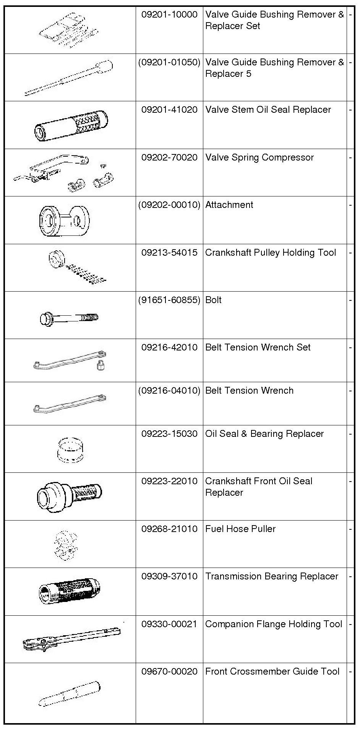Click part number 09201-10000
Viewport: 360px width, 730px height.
click(169, 15)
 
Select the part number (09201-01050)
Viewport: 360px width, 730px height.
click(169, 62)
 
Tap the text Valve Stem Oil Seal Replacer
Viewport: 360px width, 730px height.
click(268, 110)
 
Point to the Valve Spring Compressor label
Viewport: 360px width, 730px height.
click(259, 157)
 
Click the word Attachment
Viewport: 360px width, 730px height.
click(229, 205)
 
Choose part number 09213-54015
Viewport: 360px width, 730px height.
click(169, 253)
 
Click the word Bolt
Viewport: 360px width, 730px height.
click(213, 300)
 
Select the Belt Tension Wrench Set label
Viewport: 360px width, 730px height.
click(258, 347)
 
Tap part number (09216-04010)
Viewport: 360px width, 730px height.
click(169, 391)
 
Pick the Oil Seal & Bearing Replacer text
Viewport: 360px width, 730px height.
click(264, 434)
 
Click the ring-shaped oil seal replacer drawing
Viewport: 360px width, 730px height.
click(71, 449)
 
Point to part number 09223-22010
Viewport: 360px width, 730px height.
click(169, 481)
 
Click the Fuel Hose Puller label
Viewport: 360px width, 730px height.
click(240, 529)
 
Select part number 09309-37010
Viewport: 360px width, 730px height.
click(169, 576)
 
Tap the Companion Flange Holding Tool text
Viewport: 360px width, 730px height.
click(274, 624)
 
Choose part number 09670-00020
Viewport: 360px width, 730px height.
click(169, 672)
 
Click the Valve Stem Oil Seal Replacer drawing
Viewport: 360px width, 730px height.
click(71, 125)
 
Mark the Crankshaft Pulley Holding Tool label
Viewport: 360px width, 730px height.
click(271, 253)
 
